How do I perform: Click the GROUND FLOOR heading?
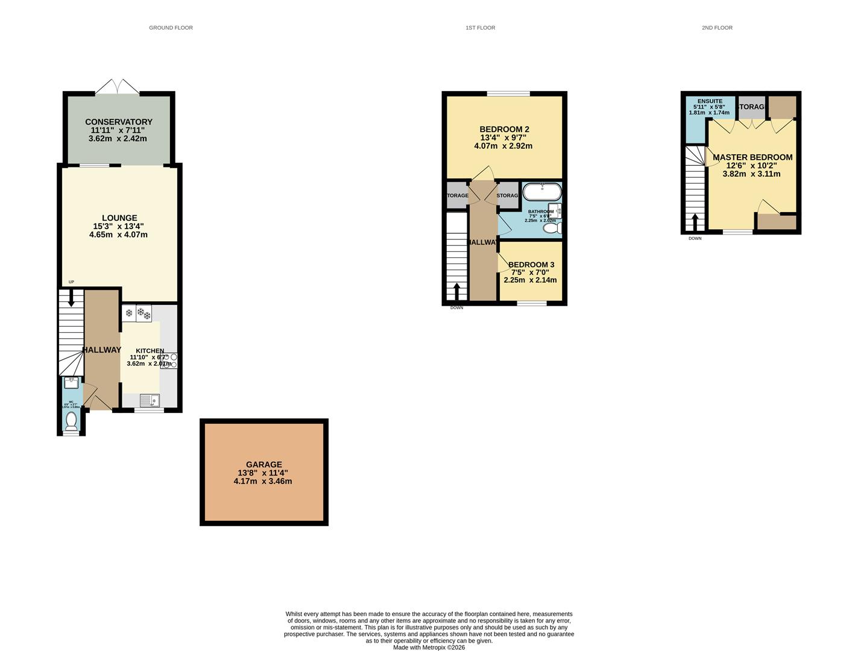(x=171, y=28)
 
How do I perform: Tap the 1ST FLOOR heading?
(x=480, y=28)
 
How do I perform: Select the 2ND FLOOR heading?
(x=717, y=28)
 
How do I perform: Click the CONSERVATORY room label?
(x=118, y=122)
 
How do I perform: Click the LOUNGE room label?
(x=119, y=218)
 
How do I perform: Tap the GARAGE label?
(x=263, y=465)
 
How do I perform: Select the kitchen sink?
(x=149, y=400)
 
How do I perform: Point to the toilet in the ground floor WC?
(x=71, y=420)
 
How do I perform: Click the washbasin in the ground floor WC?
(x=71, y=382)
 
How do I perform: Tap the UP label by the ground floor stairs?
(x=71, y=282)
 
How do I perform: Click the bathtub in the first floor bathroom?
(x=541, y=192)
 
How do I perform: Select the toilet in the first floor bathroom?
(x=551, y=228)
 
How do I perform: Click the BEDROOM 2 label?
(x=504, y=129)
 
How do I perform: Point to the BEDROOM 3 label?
(x=531, y=265)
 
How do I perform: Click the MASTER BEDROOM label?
(x=752, y=157)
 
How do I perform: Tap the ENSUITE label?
(x=710, y=101)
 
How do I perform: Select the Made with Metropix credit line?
(x=429, y=647)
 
